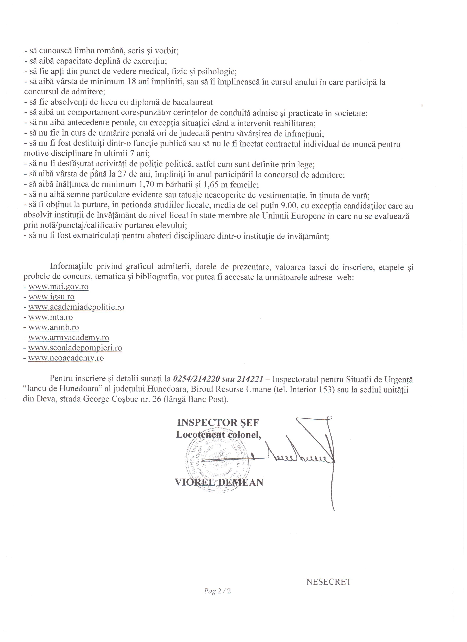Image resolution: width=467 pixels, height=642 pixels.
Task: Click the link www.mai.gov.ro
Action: (58, 287)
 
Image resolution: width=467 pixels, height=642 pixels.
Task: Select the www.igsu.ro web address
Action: (51, 297)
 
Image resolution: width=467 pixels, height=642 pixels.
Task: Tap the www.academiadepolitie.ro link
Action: (76, 307)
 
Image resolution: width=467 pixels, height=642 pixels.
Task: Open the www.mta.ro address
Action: (50, 317)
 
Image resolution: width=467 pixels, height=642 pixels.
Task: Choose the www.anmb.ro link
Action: (53, 328)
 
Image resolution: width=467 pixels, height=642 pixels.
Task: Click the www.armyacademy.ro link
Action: (69, 338)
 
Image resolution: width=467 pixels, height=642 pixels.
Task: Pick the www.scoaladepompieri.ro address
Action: (75, 348)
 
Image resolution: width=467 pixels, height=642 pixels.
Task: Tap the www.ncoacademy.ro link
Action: (66, 358)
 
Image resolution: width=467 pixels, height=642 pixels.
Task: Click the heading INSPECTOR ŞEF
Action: (218, 423)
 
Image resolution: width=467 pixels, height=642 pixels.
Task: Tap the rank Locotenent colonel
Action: (218, 435)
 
